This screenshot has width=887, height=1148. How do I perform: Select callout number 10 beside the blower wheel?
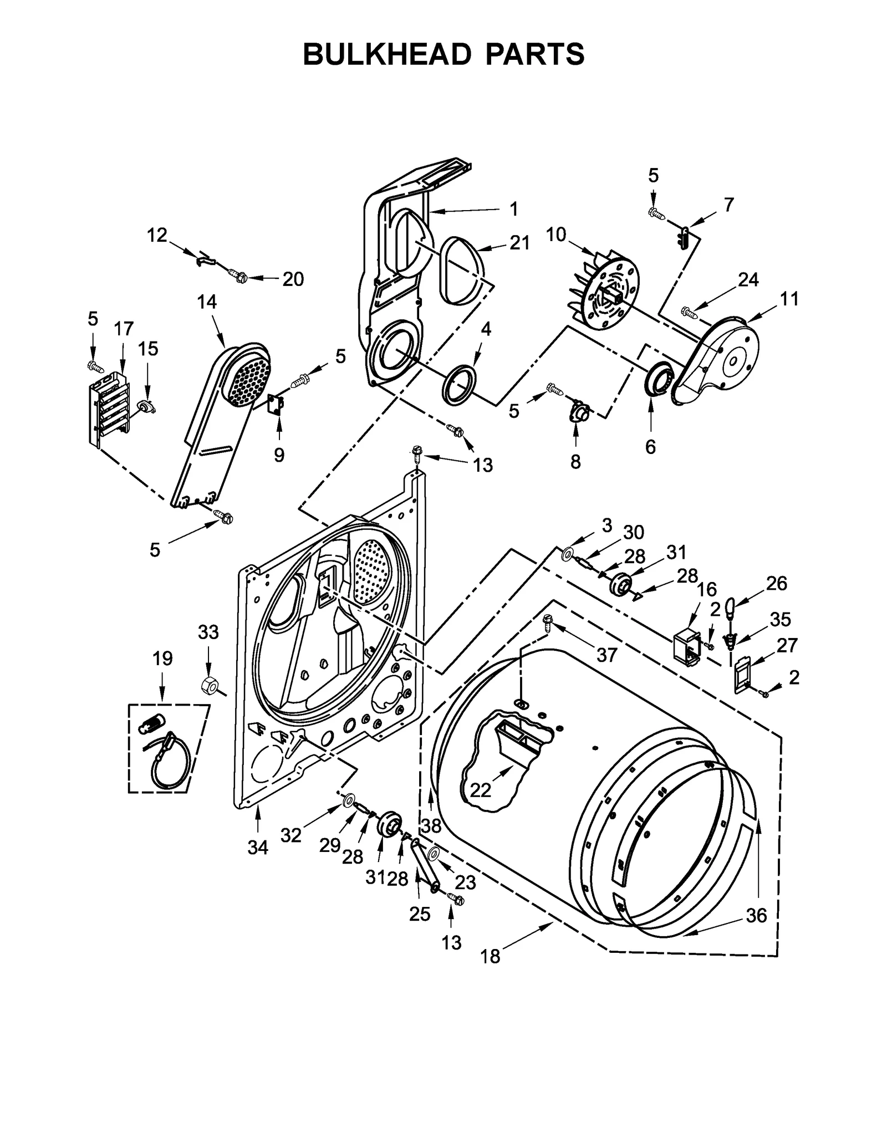click(555, 235)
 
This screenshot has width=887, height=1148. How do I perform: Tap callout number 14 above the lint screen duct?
click(207, 302)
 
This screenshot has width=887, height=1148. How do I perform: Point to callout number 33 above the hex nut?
click(208, 632)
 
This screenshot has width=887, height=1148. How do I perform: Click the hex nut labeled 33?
click(210, 686)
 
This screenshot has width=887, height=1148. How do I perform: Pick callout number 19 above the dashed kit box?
click(162, 659)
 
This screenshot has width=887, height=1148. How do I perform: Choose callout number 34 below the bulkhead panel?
click(258, 848)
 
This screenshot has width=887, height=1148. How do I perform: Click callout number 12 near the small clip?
click(157, 235)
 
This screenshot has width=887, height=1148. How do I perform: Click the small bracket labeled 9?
click(276, 405)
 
